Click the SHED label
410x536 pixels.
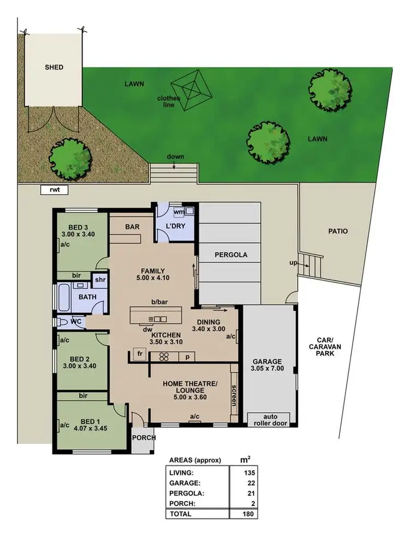point(54,67)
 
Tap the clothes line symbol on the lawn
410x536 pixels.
point(191,88)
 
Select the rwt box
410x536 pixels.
point(54,191)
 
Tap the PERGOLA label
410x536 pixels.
point(230,255)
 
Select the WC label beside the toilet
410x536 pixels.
point(76,322)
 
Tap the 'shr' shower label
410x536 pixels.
point(99,279)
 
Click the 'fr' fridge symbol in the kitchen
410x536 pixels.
point(140,354)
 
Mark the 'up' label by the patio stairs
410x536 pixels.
point(293,264)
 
